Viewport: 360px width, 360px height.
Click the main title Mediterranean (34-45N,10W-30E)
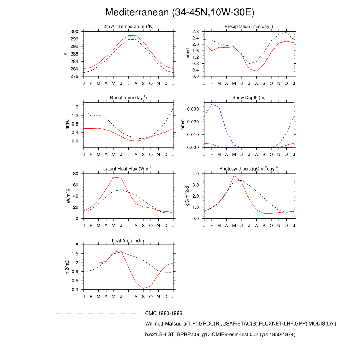(180, 13)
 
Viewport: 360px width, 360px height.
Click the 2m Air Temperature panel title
(129, 27)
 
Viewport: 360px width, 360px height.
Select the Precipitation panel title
(249, 27)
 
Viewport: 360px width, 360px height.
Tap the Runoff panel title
(129, 97)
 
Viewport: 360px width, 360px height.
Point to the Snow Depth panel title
(249, 97)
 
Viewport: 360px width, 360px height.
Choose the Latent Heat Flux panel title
(129, 169)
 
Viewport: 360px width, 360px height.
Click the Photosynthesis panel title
(249, 169)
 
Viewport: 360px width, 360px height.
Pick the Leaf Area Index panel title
(129, 240)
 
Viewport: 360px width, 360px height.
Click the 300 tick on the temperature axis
(74, 32)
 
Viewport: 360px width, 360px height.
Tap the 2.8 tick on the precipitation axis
(196, 32)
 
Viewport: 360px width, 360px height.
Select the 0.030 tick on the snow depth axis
(193, 109)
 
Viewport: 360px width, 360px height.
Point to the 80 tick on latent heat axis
(76, 174)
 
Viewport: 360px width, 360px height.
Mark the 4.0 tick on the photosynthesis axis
(196, 174)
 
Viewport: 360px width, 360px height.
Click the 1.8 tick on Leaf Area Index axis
(75, 245)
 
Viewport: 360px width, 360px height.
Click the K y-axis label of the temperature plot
(65, 54)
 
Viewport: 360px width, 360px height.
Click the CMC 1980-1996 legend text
(163, 313)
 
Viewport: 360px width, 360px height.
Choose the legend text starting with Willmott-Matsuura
(240, 324)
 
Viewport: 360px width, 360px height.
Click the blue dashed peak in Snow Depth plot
(212, 104)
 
